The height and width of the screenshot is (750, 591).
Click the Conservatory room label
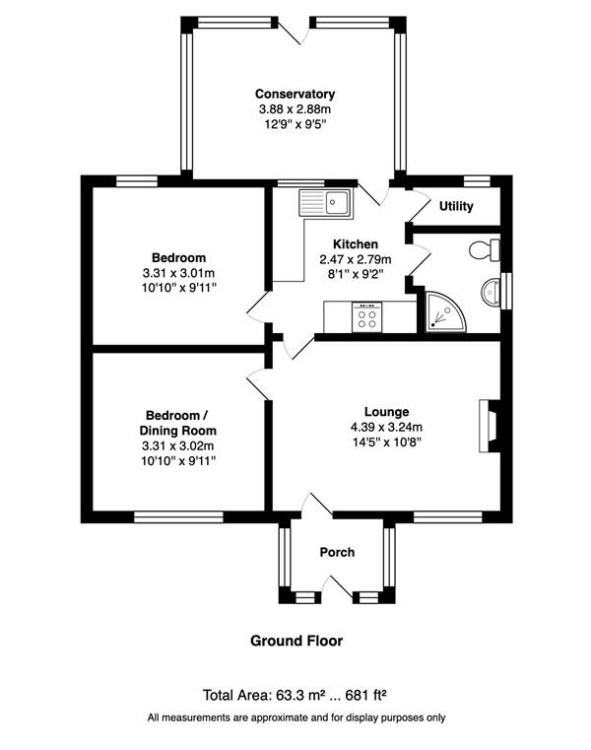(x=295, y=94)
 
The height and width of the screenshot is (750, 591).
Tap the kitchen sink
(x=326, y=202)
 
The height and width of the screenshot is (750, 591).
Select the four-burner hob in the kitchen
(x=366, y=316)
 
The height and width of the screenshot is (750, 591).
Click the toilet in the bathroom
(x=485, y=249)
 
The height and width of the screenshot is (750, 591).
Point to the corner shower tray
(x=444, y=311)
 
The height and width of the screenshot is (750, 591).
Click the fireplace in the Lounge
(x=490, y=426)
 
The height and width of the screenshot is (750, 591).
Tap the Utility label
(x=456, y=206)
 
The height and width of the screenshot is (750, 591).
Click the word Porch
(x=337, y=553)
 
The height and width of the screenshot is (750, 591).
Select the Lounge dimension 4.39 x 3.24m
(x=386, y=427)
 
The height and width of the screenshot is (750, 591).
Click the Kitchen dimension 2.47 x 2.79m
(x=356, y=260)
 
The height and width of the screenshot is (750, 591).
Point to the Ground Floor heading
(x=296, y=641)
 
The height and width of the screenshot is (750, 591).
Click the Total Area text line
(x=295, y=695)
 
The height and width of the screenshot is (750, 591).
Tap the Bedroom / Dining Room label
(x=178, y=423)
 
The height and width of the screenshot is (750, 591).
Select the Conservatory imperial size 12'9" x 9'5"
(x=295, y=124)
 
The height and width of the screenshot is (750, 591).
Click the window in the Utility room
(x=478, y=181)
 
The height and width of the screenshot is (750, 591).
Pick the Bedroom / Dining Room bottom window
(x=178, y=517)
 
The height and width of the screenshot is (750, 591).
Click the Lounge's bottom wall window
(x=447, y=517)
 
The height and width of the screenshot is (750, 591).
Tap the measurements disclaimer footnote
(x=296, y=717)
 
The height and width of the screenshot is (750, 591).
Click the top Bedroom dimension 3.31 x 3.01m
(x=178, y=274)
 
